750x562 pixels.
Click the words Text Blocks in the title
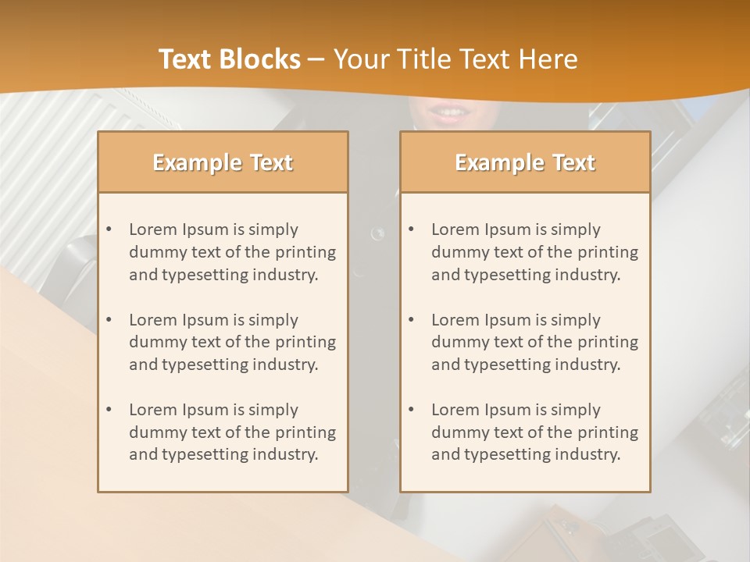(x=229, y=59)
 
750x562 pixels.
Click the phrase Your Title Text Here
(x=455, y=59)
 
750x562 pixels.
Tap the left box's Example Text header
(x=223, y=162)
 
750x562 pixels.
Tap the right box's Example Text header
(x=525, y=162)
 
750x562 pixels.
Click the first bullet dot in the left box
(x=109, y=229)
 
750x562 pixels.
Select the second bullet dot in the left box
(x=109, y=320)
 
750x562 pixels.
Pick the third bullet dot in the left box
(x=109, y=410)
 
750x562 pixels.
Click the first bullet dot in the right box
(x=412, y=229)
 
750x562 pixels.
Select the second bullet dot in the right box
(x=412, y=320)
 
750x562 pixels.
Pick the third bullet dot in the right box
(x=412, y=410)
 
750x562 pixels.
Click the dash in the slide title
(x=316, y=59)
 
